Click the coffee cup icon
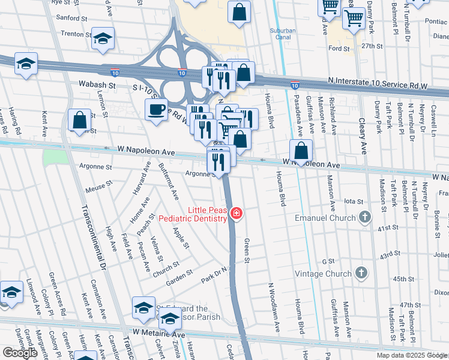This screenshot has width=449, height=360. click(x=157, y=110)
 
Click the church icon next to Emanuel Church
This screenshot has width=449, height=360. click(x=364, y=217)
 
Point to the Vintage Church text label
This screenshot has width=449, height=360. click(x=322, y=274)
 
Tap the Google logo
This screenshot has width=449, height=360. click(x=20, y=353)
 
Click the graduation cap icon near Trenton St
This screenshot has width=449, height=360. click(x=103, y=38)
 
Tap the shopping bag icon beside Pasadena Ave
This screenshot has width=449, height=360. click(x=303, y=151)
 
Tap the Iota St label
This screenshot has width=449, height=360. click(x=354, y=201)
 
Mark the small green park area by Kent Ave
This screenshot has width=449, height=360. click(x=56, y=158)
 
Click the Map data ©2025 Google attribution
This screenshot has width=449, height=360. click(x=411, y=355)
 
